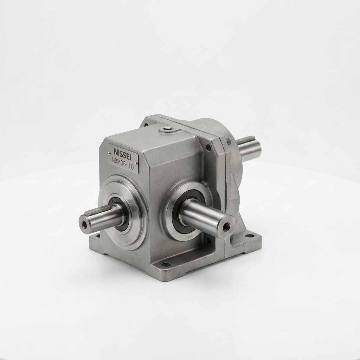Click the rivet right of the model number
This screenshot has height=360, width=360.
click(136, 163)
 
